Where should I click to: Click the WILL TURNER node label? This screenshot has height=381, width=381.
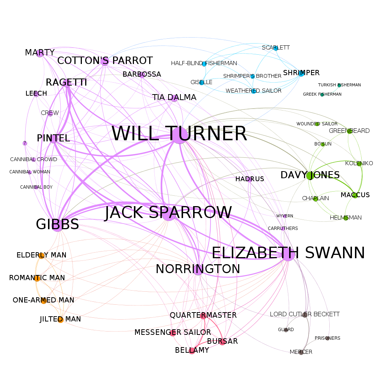(179, 134)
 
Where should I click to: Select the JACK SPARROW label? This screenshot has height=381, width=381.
(168, 212)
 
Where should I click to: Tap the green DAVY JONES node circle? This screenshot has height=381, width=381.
(310, 175)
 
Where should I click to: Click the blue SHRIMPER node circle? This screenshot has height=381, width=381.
(301, 73)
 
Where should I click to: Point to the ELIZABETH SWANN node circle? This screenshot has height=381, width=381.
(288, 254)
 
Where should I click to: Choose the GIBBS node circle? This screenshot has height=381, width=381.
(57, 225)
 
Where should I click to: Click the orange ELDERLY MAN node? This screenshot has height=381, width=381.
(41, 255)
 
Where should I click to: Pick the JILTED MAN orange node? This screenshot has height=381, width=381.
(61, 320)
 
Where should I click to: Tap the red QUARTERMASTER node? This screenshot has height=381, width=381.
(203, 316)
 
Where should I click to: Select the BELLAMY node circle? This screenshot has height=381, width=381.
(192, 351)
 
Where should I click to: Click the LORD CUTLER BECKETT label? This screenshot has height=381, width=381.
(304, 314)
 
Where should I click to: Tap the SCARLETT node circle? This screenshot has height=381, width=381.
(276, 48)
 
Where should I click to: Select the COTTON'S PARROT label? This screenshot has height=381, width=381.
(105, 61)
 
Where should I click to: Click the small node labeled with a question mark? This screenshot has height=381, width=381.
(25, 143)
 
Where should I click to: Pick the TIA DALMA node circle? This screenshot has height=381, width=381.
(174, 98)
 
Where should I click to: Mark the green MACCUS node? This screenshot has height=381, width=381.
(355, 195)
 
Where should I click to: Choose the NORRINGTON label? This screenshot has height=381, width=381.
(198, 269)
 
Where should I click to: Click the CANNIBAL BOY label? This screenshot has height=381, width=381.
(36, 187)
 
